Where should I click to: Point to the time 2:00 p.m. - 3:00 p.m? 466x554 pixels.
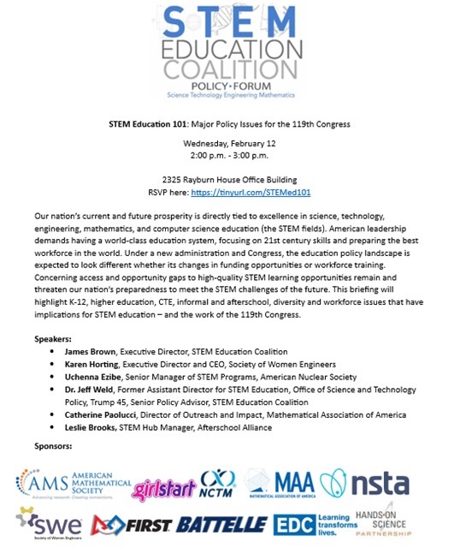[232, 157]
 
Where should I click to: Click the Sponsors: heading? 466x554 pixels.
[54, 446]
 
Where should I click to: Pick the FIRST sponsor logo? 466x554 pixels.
[133, 522]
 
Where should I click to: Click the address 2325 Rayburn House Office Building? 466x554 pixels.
[232, 181]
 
